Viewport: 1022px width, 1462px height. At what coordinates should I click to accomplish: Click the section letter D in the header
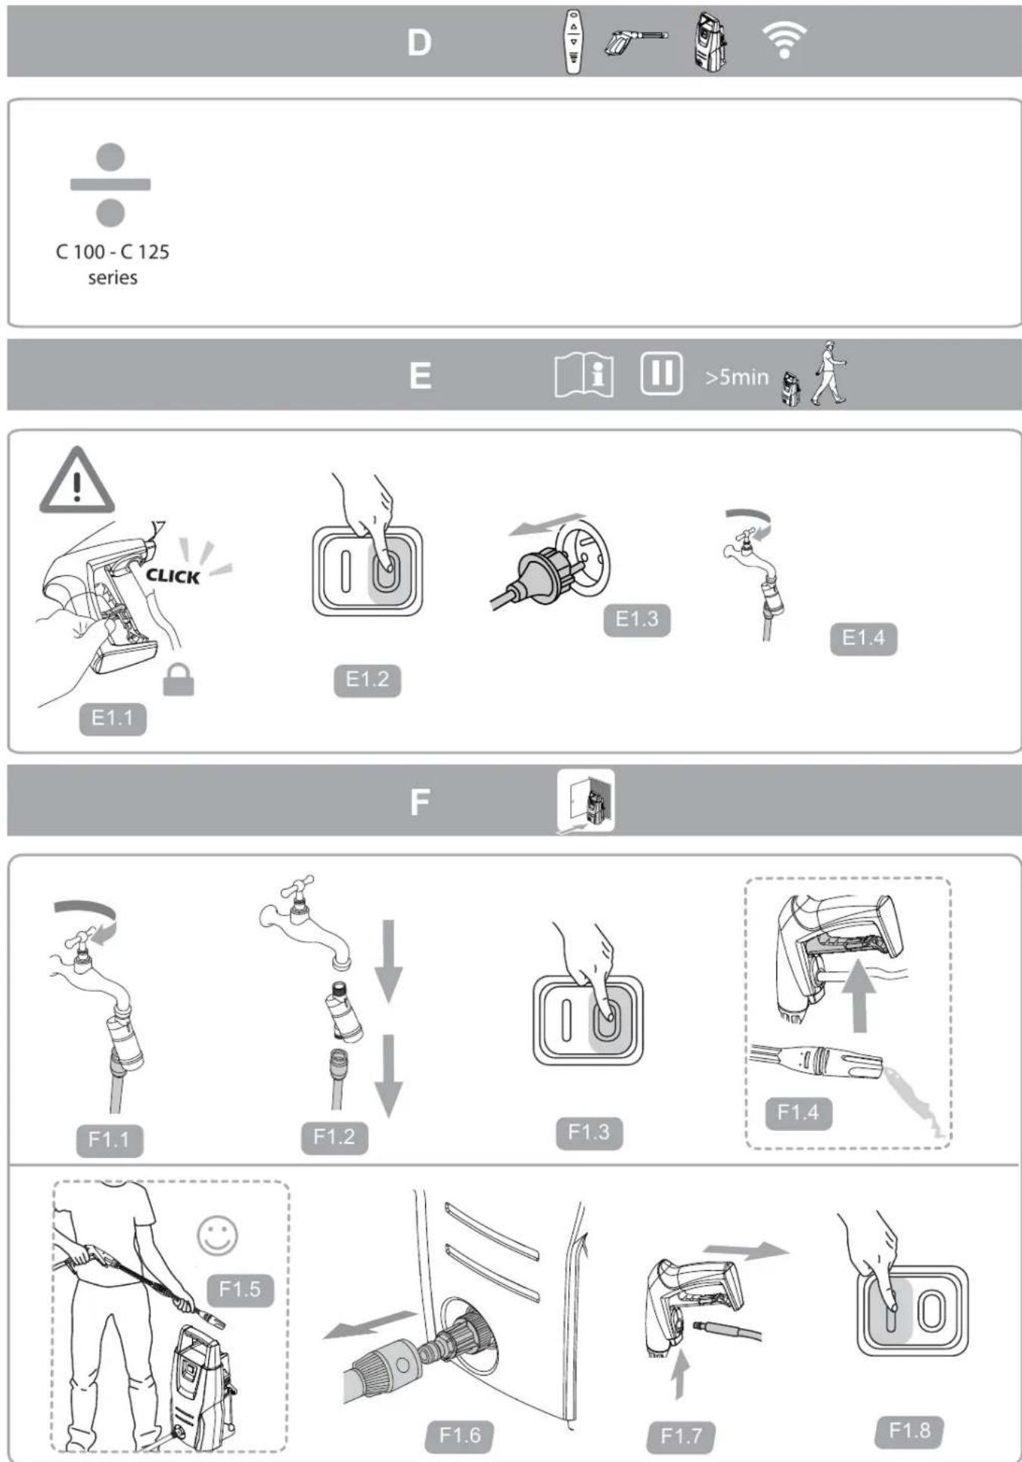419,43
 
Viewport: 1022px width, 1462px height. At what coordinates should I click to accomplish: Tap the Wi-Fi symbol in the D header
784,39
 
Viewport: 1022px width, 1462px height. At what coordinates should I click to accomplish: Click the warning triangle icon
76,482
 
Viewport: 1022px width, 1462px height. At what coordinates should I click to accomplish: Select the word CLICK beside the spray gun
173,576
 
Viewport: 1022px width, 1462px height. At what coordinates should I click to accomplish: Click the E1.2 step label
367,680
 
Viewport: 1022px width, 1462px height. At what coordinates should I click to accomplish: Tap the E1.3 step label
636,620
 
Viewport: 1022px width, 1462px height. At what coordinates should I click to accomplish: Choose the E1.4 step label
863,638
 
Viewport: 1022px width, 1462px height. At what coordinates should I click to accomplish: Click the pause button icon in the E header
661,373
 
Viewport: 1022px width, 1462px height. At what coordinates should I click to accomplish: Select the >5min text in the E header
736,377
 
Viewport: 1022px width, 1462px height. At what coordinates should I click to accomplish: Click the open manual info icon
584,374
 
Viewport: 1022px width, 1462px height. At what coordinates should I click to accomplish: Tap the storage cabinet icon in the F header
586,801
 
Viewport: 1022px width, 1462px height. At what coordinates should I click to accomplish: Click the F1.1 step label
109,1140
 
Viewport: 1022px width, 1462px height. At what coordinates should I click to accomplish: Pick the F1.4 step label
798,1113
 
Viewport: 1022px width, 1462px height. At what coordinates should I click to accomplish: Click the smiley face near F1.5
217,1236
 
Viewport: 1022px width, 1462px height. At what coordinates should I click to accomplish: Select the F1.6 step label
459,1435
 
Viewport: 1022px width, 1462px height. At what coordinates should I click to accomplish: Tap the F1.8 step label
909,1430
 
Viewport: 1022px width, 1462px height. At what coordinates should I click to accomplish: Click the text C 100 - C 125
113,252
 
